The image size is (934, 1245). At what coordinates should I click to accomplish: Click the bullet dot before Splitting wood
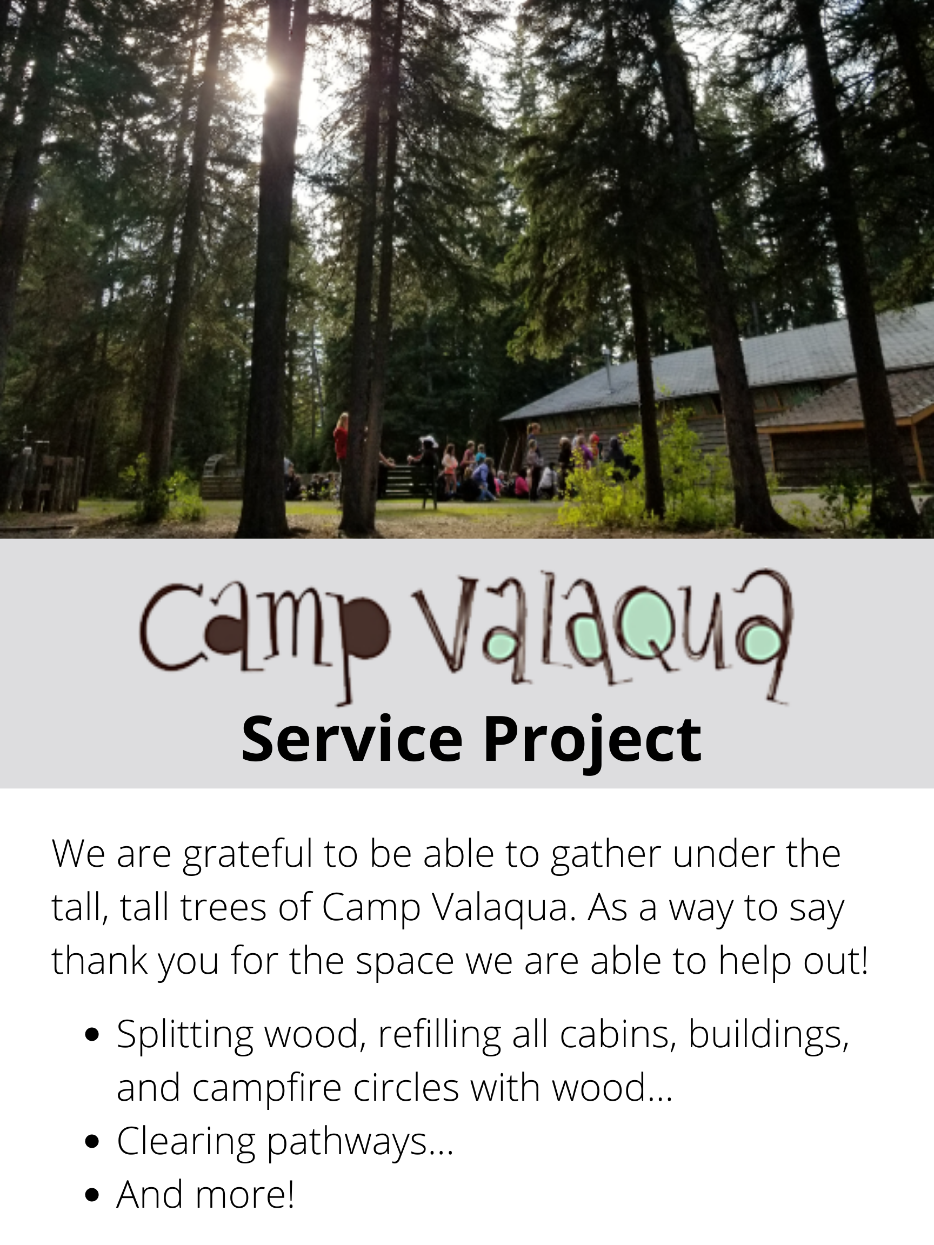click(94, 1034)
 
